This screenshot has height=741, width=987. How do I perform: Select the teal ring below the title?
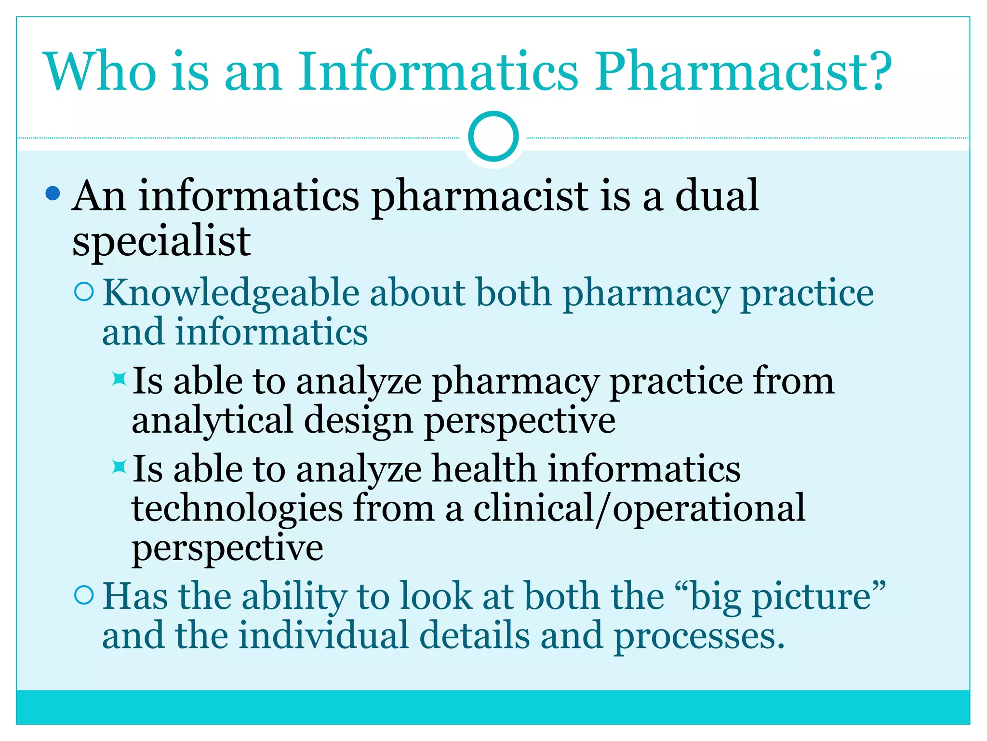tap(493, 136)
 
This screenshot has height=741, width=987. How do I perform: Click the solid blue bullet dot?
tap(53, 194)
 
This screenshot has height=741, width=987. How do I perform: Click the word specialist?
tap(161, 241)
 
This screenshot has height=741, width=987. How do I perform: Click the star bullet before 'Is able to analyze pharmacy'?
tap(119, 379)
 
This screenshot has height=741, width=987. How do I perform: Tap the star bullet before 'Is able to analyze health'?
tap(119, 467)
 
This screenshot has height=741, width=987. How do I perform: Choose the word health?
tap(484, 469)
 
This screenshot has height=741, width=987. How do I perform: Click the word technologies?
tap(237, 509)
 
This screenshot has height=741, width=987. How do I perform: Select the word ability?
tap(294, 597)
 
